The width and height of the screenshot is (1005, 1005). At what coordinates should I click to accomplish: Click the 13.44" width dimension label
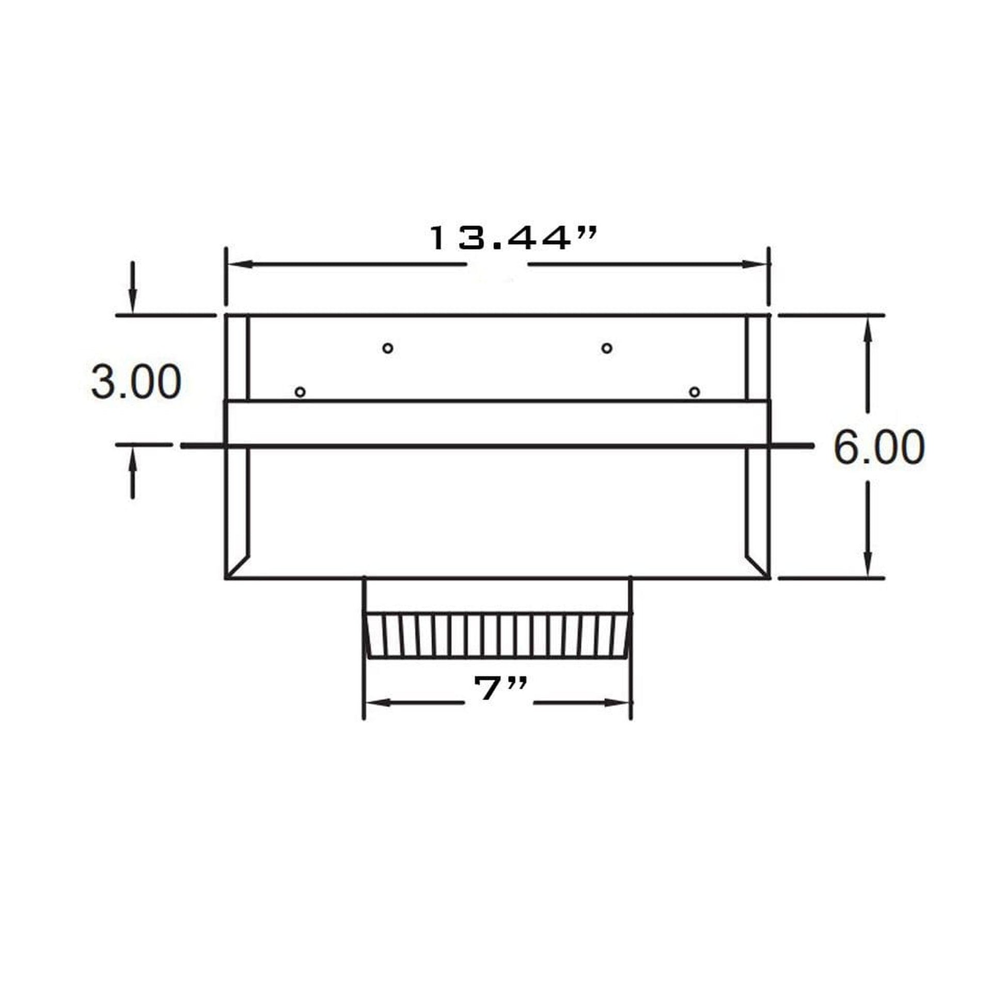click(513, 238)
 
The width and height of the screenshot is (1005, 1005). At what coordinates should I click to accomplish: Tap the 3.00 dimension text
click(136, 382)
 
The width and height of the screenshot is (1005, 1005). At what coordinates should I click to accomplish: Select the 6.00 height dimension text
click(879, 447)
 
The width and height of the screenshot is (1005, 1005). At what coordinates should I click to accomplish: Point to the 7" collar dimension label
click(501, 688)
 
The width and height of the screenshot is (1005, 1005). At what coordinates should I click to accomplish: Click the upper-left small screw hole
click(387, 348)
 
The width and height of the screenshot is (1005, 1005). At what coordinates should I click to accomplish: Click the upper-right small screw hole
click(606, 348)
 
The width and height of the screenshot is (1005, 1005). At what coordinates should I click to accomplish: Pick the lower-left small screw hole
click(300, 391)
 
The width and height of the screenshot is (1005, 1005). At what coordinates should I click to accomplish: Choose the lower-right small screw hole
click(695, 391)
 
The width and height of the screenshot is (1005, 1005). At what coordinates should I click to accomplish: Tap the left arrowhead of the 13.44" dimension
click(240, 264)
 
